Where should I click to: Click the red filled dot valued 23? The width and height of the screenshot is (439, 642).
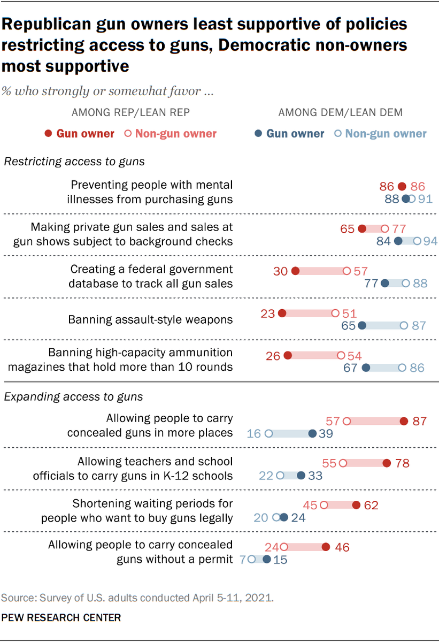pyautogui.click(x=282, y=313)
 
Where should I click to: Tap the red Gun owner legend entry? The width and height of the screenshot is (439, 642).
pyautogui.click(x=79, y=134)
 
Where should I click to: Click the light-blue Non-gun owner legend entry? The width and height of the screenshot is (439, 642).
pyautogui.click(x=381, y=134)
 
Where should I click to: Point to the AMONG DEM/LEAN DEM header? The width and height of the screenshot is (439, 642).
pyautogui.click(x=340, y=112)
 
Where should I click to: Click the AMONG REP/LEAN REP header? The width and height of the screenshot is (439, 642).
pyautogui.click(x=130, y=112)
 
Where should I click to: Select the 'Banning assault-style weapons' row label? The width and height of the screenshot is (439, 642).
pyautogui.click(x=150, y=320)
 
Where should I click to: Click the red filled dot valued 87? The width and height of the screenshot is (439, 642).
pyautogui.click(x=404, y=421)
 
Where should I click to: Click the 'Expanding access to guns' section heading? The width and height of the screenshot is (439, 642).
pyautogui.click(x=73, y=396)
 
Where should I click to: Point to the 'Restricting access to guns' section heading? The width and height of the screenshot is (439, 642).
pyautogui.click(x=74, y=161)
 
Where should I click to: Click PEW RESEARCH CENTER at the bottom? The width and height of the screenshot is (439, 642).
pyautogui.click(x=61, y=618)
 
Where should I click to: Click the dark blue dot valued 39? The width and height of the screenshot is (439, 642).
pyautogui.click(x=313, y=433)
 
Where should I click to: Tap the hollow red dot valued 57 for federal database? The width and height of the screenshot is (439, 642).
pyautogui.click(x=347, y=271)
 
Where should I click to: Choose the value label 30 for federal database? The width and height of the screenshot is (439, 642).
pyautogui.click(x=281, y=271)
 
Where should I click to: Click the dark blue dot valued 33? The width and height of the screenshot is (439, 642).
pyautogui.click(x=301, y=475)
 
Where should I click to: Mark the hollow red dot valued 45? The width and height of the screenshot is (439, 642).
pyautogui.click(x=324, y=505)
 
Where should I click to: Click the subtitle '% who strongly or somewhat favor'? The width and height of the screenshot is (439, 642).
pyautogui.click(x=109, y=91)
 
